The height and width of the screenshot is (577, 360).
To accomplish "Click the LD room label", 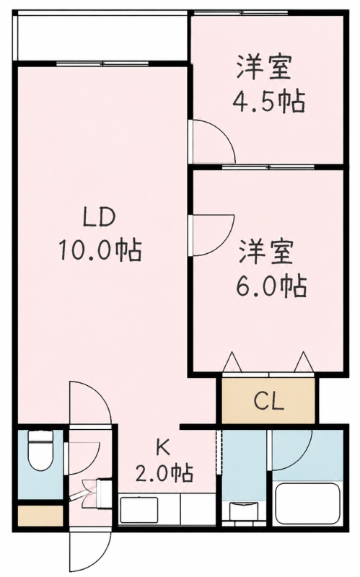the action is [x=100, y=218].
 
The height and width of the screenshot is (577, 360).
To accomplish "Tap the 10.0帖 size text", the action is [x=99, y=250].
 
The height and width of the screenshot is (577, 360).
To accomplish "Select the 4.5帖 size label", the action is [x=268, y=102].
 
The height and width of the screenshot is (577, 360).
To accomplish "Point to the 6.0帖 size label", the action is [x=272, y=286].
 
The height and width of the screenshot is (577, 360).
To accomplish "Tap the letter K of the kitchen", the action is [x=163, y=448].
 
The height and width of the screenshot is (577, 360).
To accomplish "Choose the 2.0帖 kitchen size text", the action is [x=164, y=474].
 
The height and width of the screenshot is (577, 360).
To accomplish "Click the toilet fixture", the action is [x=40, y=450].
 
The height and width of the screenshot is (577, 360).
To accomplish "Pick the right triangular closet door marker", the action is [x=304, y=363].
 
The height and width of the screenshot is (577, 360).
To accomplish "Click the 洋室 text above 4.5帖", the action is [x=264, y=67].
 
